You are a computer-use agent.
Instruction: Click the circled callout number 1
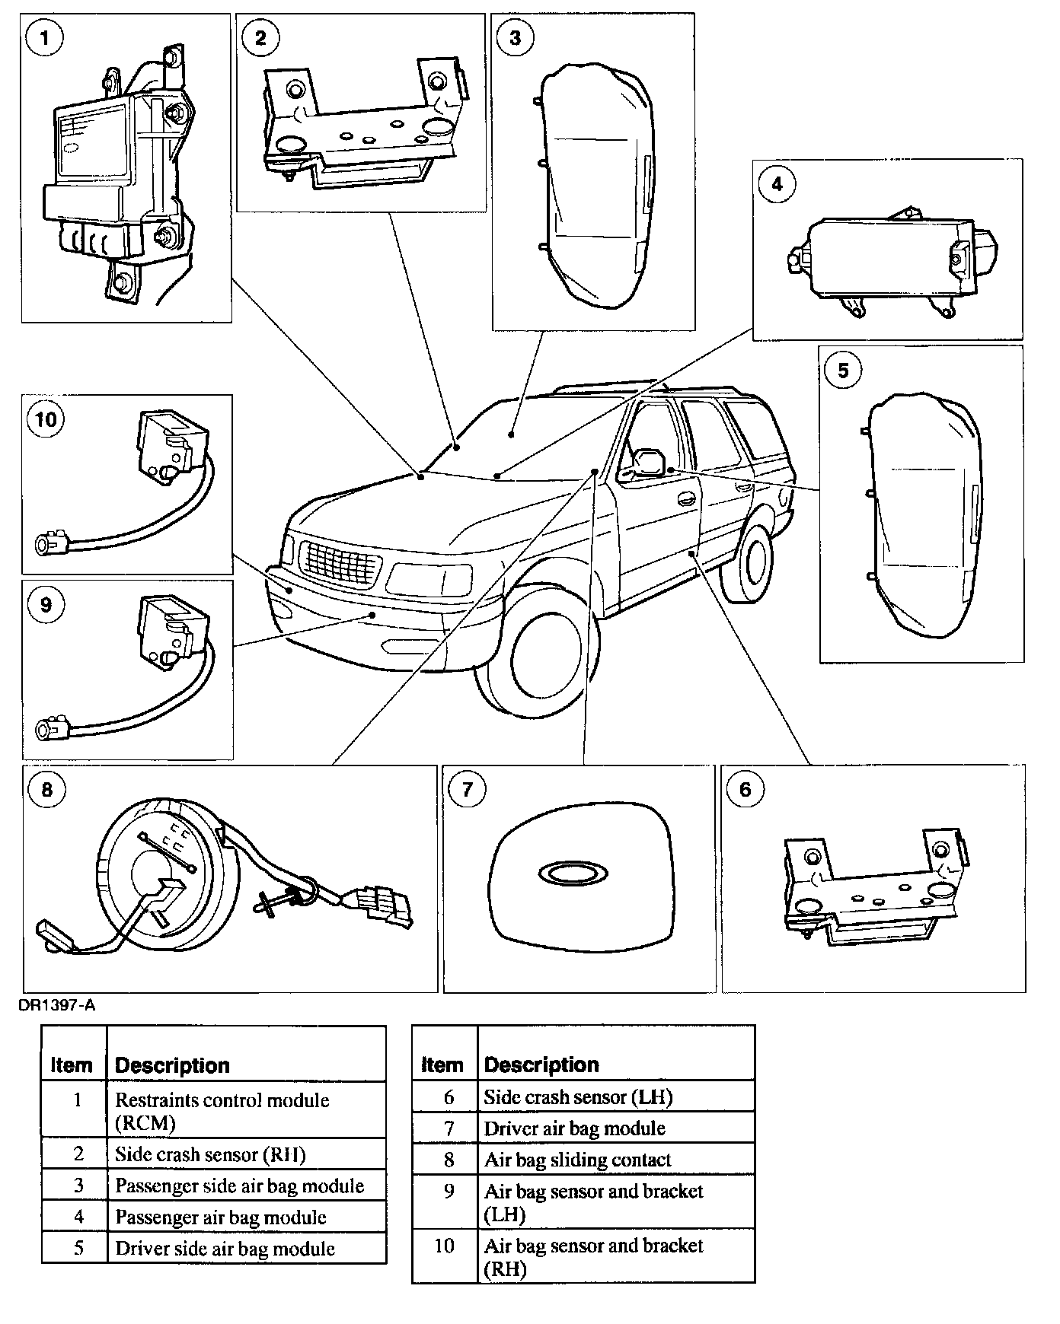pyautogui.click(x=46, y=37)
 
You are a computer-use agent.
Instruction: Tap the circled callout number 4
pyautogui.click(x=777, y=184)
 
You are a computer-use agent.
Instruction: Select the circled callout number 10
pyautogui.click(x=46, y=419)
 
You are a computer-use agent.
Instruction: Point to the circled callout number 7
pyautogui.click(x=467, y=789)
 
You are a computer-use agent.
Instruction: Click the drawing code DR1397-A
pyautogui.click(x=57, y=1006)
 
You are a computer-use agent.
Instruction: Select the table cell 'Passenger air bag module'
pyautogui.click(x=221, y=1217)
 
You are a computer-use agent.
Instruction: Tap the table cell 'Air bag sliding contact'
pyautogui.click(x=577, y=1160)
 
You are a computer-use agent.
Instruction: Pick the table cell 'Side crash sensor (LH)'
pyautogui.click(x=578, y=1097)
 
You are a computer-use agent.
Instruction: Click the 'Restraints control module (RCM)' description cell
pyautogui.click(x=222, y=1111)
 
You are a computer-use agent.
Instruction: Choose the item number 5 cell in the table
pyautogui.click(x=78, y=1249)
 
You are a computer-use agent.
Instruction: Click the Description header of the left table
pyautogui.click(x=172, y=1065)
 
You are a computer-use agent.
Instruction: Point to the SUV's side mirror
pyautogui.click(x=648, y=461)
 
